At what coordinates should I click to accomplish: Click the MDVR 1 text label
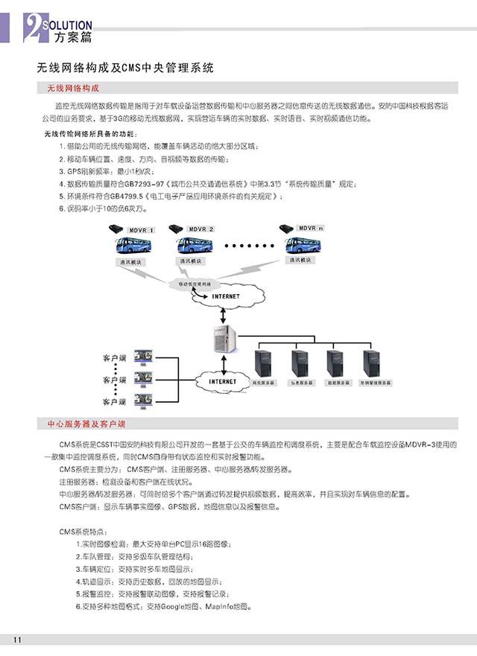[x=141, y=230]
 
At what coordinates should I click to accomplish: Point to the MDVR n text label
[x=312, y=227]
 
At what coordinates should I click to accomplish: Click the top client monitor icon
[x=142, y=357]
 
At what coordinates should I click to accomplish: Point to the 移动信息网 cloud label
[x=195, y=284]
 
